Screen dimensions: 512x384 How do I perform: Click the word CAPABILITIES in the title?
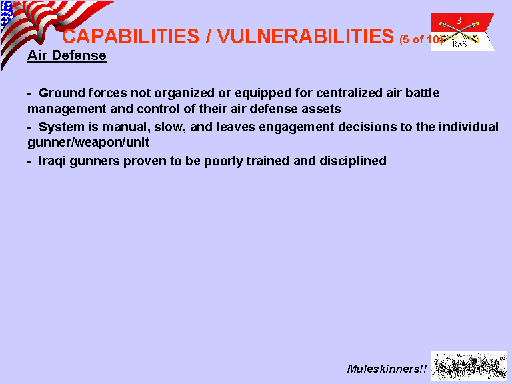(131, 36)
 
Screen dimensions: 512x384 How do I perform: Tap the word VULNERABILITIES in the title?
(305, 36)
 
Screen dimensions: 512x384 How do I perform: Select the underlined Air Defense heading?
(67, 55)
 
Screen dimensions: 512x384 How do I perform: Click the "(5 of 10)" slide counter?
(421, 39)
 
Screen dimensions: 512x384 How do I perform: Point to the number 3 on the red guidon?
(459, 21)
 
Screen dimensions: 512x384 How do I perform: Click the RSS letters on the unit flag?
(459, 44)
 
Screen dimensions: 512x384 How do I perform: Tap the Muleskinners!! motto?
(387, 369)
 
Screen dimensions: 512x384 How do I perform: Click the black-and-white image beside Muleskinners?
(469, 366)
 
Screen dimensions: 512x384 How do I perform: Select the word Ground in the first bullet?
(62, 93)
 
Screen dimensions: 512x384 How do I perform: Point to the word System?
(61, 127)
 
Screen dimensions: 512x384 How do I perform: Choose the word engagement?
(297, 127)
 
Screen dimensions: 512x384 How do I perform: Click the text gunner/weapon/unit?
(89, 143)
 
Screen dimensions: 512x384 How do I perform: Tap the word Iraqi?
(52, 161)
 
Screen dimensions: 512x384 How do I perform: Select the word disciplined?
(353, 161)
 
